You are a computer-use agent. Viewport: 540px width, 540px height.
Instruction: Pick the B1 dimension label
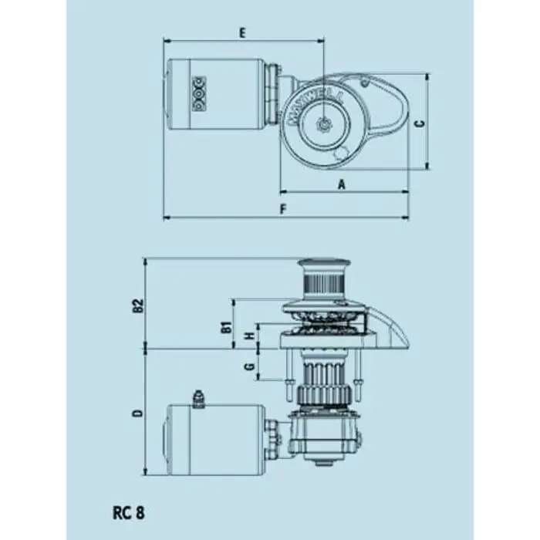227,326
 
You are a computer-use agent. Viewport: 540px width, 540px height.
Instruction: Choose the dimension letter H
248,337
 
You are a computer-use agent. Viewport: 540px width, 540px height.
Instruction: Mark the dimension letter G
248,365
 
